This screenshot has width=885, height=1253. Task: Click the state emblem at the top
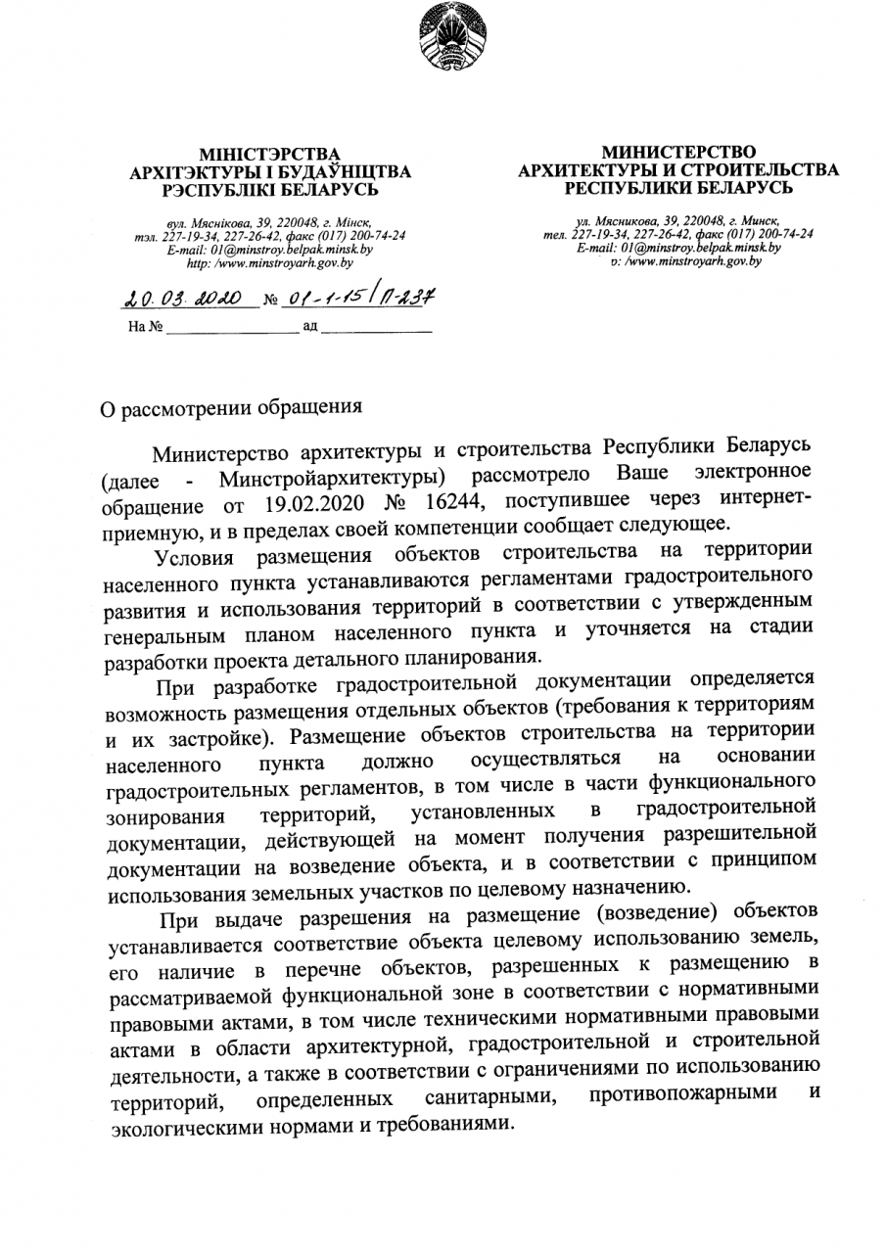tap(442, 39)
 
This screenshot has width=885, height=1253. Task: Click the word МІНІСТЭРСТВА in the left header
tap(269, 155)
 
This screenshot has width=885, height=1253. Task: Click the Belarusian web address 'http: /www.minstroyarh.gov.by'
tap(269, 264)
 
